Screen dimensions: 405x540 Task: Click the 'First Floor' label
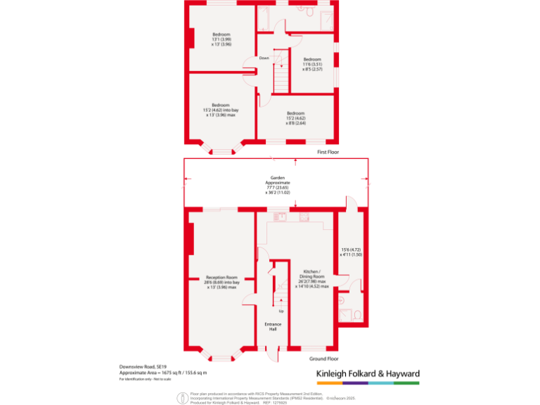(x=328, y=151)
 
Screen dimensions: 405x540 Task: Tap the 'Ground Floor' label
(x=324, y=359)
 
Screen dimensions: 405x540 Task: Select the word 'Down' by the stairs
(x=264, y=58)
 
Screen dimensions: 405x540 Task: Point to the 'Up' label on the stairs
(x=281, y=310)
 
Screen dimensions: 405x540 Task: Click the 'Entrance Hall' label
(x=273, y=326)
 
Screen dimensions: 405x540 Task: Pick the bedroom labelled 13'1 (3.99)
(x=221, y=38)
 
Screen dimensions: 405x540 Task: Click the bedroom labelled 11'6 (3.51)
(x=312, y=63)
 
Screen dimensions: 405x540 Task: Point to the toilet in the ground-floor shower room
(x=356, y=314)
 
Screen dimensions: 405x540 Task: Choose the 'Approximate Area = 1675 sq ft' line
(x=162, y=373)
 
